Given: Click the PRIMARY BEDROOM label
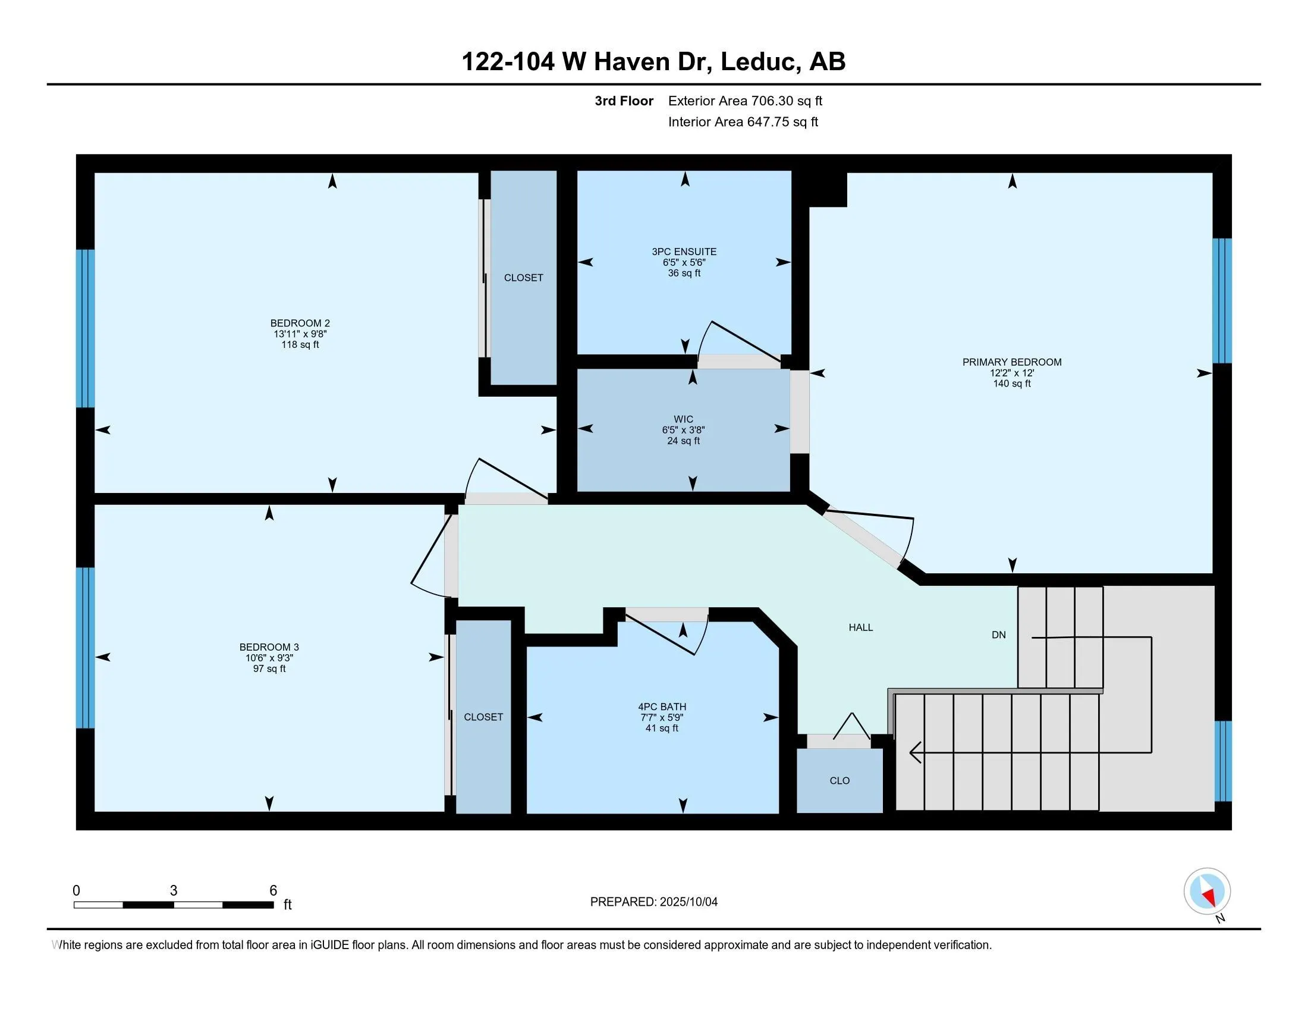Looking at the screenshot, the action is click(1011, 362).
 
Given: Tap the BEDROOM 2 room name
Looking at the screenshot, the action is click(300, 324).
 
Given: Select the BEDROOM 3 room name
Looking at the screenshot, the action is click(269, 647).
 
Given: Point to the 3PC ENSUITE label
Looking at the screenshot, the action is click(684, 252).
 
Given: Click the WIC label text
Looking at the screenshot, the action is click(683, 419).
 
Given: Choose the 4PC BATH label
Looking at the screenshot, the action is click(662, 707).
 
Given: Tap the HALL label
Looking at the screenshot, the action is click(861, 627).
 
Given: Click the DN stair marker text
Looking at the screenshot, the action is click(998, 635).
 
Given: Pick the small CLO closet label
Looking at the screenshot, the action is click(839, 780).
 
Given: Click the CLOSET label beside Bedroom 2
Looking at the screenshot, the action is click(523, 277).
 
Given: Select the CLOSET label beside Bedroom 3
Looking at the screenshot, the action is click(483, 717).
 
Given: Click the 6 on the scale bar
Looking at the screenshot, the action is click(273, 891).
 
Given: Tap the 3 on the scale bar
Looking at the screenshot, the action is click(174, 891).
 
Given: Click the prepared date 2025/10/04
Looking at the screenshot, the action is click(688, 902).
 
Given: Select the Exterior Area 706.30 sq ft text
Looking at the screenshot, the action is click(745, 101).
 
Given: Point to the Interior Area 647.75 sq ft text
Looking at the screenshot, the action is click(743, 121).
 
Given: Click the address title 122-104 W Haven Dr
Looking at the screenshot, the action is click(587, 62).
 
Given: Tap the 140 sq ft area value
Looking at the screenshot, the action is click(1011, 384).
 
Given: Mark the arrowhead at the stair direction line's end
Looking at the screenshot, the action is click(911, 752).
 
